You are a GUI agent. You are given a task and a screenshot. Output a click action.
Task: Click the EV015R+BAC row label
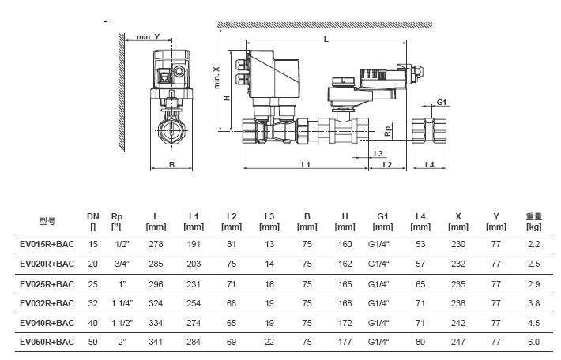pos(47,245)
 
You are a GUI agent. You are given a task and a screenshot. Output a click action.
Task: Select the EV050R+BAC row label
pos(47,342)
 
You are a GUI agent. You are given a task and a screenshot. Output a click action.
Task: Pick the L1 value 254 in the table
pos(194,303)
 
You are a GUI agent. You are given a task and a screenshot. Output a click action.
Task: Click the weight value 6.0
pos(534,342)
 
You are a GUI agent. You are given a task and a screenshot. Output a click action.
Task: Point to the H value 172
pos(345,322)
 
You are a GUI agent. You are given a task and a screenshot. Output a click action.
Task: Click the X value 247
pos(458,342)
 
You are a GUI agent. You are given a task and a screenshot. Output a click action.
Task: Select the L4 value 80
pos(420,342)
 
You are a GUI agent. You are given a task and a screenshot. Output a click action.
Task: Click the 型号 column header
pos(47,221)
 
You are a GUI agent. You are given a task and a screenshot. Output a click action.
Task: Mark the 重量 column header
pos(534,216)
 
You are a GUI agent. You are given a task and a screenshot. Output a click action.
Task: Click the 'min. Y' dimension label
pos(148,36)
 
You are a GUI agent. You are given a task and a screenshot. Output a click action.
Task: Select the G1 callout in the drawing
pos(442,102)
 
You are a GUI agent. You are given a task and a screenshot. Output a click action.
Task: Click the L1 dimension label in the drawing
pos(305,164)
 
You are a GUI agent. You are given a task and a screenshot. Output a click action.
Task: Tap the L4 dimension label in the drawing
pos(430,164)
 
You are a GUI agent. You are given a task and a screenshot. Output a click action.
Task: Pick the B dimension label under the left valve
pos(171,164)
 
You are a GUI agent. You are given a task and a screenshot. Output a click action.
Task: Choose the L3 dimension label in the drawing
pos(378,153)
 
